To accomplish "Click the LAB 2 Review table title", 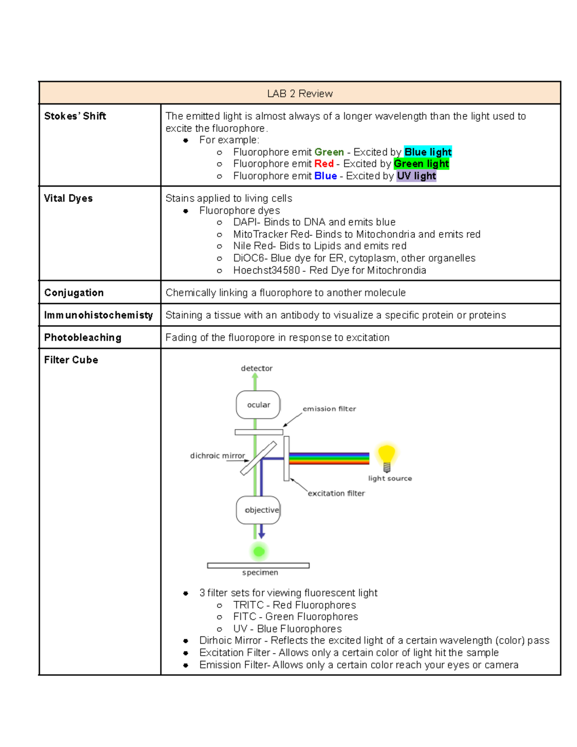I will [x=300, y=93].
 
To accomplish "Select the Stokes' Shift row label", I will [x=75, y=116].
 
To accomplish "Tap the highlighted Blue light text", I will [x=427, y=152].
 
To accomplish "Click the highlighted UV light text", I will [x=416, y=176].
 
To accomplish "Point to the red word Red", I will [x=324, y=164].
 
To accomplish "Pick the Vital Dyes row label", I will [x=68, y=198].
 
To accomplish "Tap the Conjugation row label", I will [x=74, y=292].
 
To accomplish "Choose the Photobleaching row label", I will [x=82, y=338].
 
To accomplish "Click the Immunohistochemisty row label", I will [x=98, y=315].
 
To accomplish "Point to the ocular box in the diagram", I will [x=258, y=405].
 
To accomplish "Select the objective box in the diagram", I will [x=259, y=510].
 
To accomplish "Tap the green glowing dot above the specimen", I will [x=259, y=551].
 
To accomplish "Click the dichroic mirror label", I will [x=217, y=456].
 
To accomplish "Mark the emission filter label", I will [x=329, y=409].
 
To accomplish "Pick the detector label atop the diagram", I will [x=256, y=368].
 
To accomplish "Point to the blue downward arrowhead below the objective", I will [x=262, y=535].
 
